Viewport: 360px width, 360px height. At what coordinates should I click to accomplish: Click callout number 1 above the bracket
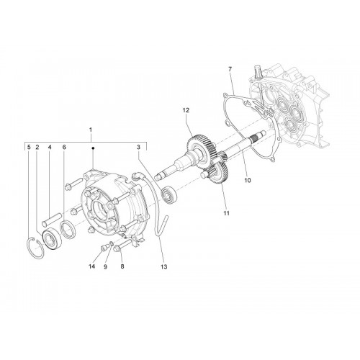[91, 130]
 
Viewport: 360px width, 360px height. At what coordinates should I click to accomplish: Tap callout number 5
[29, 147]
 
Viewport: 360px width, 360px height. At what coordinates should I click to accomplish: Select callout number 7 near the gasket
[230, 69]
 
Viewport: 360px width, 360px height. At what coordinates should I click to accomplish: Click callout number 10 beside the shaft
[248, 180]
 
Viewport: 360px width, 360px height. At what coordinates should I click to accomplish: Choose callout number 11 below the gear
[227, 213]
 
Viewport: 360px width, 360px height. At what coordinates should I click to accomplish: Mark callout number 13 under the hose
[164, 266]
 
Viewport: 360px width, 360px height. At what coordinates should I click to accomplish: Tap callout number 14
[91, 266]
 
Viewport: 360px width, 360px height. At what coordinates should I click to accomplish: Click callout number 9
[105, 266]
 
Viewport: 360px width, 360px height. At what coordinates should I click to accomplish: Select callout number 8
[122, 266]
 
